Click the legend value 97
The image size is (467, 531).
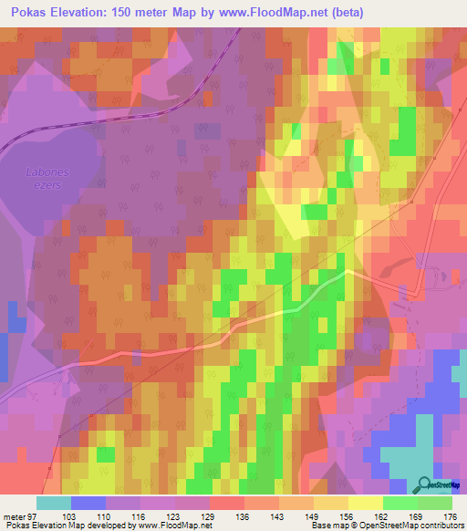(x=37, y=516)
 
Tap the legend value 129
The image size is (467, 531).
(x=194, y=516)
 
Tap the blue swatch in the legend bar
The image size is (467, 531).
(x=88, y=503)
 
